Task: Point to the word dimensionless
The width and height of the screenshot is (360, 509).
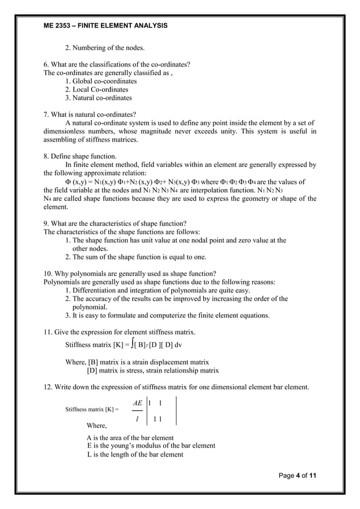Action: point(66,131)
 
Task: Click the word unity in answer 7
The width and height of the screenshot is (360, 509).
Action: point(237,131)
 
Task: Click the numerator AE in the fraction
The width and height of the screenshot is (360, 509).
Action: point(137,403)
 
